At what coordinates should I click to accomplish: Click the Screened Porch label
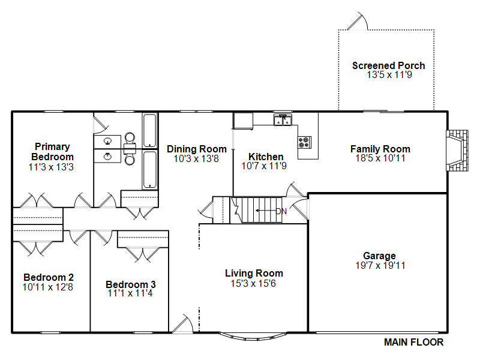pyautogui.click(x=388, y=65)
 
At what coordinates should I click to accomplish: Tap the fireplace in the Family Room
pyautogui.click(x=457, y=151)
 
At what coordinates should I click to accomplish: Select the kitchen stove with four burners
pyautogui.click(x=304, y=142)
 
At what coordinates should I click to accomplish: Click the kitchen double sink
pyautogui.click(x=283, y=119)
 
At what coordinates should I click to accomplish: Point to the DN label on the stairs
pyautogui.click(x=281, y=211)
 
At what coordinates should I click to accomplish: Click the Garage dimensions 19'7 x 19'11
pyautogui.click(x=380, y=265)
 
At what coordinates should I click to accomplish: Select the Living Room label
pyautogui.click(x=254, y=273)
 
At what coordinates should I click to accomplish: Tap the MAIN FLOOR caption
pyautogui.click(x=413, y=342)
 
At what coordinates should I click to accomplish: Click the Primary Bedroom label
pyautogui.click(x=52, y=152)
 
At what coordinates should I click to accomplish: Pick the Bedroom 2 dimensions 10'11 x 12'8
pyautogui.click(x=48, y=287)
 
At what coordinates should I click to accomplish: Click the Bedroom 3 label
pyautogui.click(x=131, y=284)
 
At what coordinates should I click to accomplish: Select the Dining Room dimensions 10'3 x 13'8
pyautogui.click(x=196, y=158)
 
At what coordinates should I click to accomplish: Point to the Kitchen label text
pyautogui.click(x=266, y=157)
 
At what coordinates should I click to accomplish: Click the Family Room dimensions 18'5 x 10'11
pyautogui.click(x=380, y=158)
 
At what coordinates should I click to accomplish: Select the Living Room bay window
pyautogui.click(x=254, y=337)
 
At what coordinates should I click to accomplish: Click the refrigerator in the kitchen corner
pyautogui.click(x=243, y=121)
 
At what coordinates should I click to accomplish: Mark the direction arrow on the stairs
pyautogui.click(x=266, y=211)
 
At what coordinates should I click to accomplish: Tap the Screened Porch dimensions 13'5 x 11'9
pyautogui.click(x=389, y=74)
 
